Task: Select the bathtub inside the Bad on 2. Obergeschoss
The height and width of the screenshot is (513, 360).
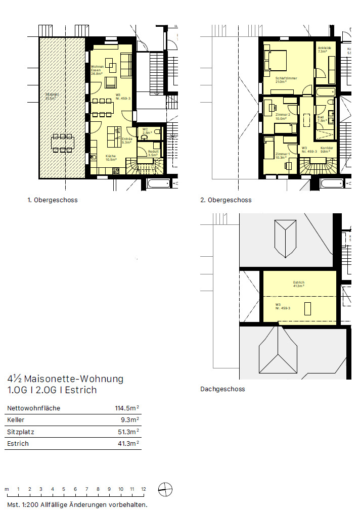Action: coord(324,91)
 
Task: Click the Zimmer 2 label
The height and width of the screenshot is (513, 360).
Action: coord(282,116)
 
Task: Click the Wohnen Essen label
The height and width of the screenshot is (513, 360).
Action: coord(97,70)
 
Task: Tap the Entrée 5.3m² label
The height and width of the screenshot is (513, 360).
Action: coord(127,141)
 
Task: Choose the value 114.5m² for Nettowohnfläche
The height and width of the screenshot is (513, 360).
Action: coord(127,408)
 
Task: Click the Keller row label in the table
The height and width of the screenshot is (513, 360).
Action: coord(16,420)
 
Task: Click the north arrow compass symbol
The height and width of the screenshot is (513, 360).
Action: coord(165,489)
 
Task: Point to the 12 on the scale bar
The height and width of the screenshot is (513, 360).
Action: coord(144,489)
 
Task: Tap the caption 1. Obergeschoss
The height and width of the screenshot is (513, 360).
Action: coord(53,200)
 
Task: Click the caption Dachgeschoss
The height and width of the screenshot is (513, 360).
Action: coord(222,389)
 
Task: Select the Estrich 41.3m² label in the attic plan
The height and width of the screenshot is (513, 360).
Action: coord(299,284)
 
